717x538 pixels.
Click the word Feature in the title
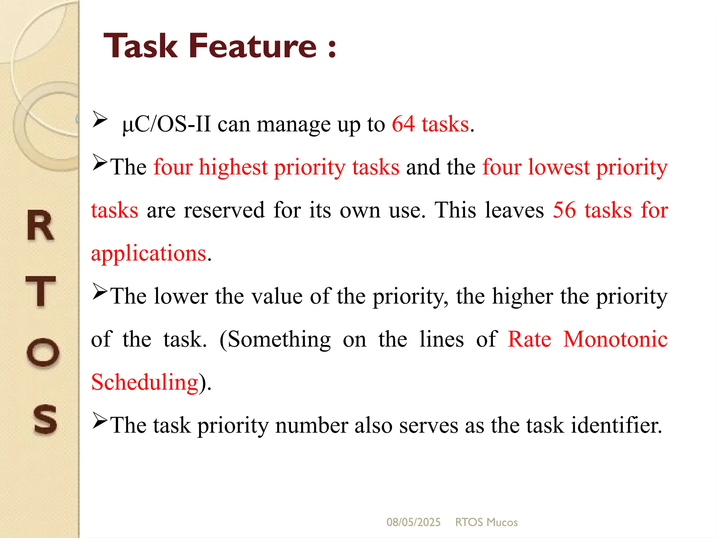click(x=253, y=46)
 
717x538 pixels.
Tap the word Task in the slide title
click(x=141, y=46)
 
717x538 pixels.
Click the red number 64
click(x=403, y=124)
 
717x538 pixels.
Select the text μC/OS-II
click(x=167, y=124)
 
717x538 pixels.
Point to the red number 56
click(x=564, y=210)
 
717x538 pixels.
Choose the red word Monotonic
click(x=615, y=339)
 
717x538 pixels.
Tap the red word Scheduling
click(x=145, y=382)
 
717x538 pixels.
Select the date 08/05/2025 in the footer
click(x=413, y=522)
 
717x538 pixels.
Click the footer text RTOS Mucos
click(x=486, y=522)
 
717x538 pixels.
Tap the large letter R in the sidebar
click(x=41, y=226)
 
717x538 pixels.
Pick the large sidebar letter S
click(x=45, y=419)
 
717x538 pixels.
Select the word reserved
click(x=224, y=210)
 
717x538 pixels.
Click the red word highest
click(x=233, y=167)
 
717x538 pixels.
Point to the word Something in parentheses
click(x=279, y=339)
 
